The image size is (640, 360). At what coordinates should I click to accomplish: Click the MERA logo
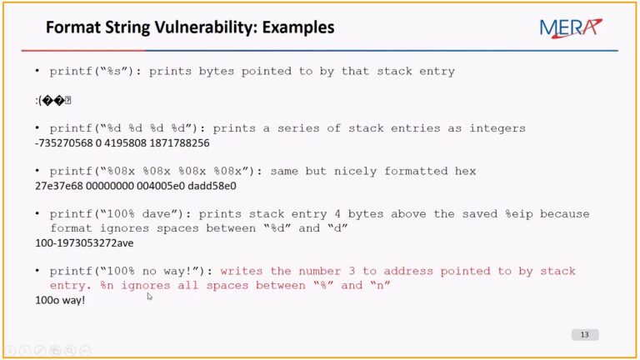[569, 27]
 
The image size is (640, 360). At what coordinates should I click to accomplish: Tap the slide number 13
[584, 334]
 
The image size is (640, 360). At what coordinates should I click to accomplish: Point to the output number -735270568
[65, 142]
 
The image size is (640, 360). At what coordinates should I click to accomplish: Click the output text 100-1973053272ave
[84, 242]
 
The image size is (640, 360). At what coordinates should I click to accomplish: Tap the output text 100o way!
[60, 300]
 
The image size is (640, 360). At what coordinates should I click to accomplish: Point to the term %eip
[517, 214]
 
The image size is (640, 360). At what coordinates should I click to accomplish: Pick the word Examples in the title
[298, 27]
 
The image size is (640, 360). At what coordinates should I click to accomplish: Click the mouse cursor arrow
[149, 296]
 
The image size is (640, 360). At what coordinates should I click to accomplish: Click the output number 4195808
[122, 142]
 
